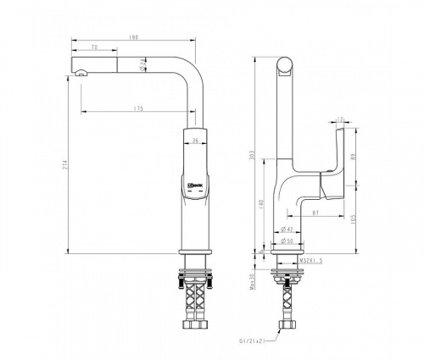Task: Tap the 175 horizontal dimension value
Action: tap(137, 109)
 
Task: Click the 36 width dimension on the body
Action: tap(195, 141)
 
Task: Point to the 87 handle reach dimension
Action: tap(315, 212)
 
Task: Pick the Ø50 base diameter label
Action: tap(288, 241)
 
